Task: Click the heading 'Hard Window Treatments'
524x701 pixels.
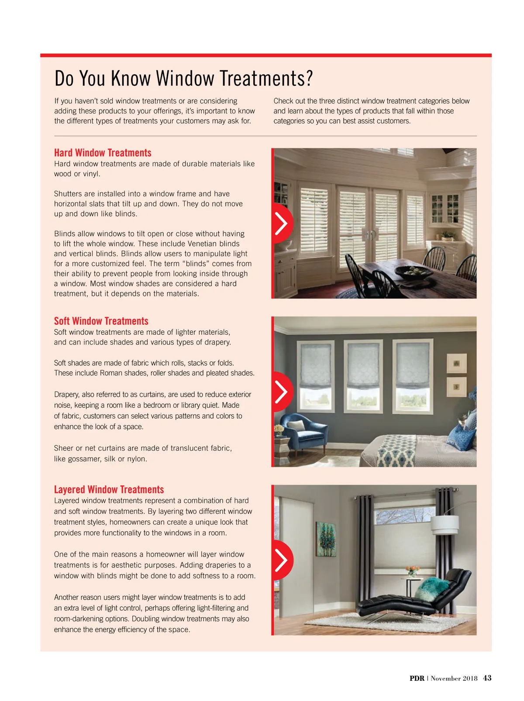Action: (103, 153)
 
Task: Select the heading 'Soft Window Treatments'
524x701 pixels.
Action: (101, 321)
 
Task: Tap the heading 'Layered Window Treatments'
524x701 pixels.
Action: (109, 490)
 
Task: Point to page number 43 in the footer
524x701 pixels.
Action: (487, 678)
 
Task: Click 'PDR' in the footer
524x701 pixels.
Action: (417, 678)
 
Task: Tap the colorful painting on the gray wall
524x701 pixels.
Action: (327, 539)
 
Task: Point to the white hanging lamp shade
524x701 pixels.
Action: (445, 526)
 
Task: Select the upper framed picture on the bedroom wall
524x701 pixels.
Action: (456, 364)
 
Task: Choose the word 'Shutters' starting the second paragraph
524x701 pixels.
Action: (68, 194)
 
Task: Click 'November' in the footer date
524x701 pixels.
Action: (445, 678)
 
